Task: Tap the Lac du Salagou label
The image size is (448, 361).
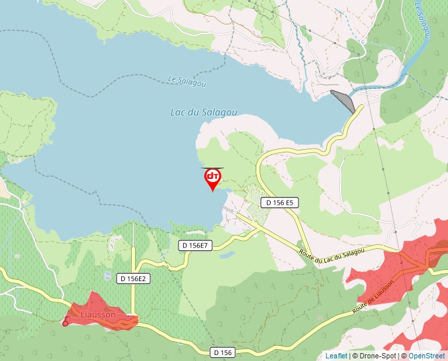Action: (x=204, y=112)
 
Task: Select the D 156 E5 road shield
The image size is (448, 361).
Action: (x=280, y=203)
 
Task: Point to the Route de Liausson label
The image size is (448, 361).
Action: (x=373, y=296)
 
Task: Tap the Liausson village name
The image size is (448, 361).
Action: (x=98, y=315)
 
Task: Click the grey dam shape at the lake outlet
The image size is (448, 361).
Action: (x=343, y=101)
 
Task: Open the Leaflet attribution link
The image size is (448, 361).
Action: (x=336, y=356)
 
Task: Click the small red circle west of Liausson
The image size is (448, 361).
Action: (x=65, y=323)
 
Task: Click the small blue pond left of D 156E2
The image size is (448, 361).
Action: (x=107, y=275)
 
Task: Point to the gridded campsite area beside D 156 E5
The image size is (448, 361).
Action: (x=254, y=198)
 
